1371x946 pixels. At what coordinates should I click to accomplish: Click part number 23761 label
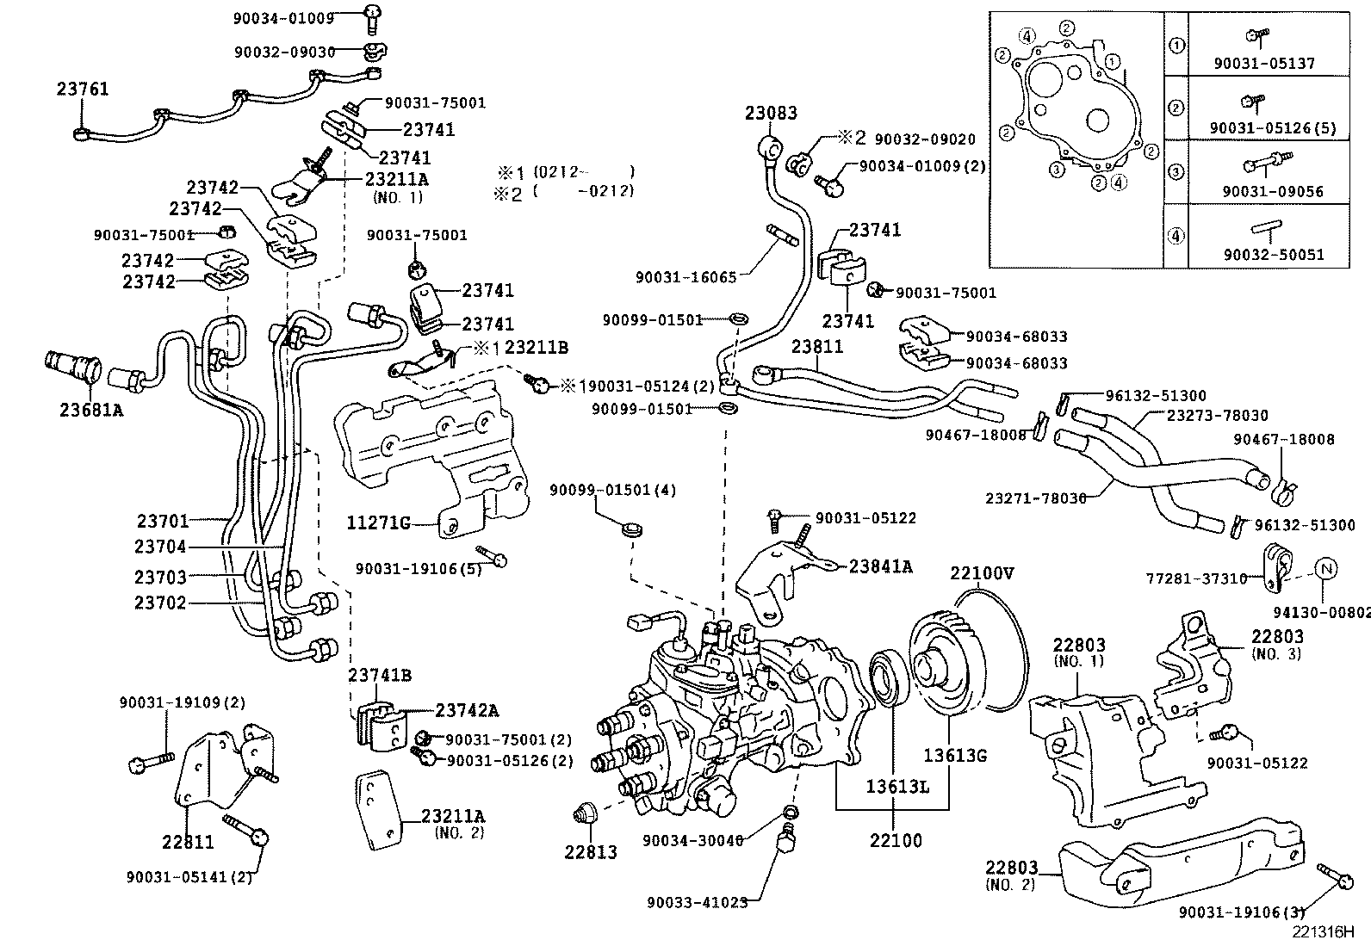click(83, 89)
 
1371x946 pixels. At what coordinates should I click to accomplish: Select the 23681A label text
click(91, 411)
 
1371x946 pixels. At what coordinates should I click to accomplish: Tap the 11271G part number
click(379, 522)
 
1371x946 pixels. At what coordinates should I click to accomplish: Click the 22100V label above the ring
click(982, 572)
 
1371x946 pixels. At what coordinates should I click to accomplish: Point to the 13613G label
click(955, 756)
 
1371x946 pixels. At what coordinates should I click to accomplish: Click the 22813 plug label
click(591, 852)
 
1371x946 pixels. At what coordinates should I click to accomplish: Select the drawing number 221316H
click(1322, 931)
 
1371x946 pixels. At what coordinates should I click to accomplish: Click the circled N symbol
click(1326, 568)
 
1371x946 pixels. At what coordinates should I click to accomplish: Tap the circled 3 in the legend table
click(1176, 171)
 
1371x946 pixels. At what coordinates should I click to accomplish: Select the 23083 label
click(771, 113)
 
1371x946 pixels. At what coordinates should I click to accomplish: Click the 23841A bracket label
click(880, 566)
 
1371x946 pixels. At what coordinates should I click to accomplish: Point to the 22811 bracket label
click(188, 842)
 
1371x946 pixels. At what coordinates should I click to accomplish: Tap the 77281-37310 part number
click(1196, 578)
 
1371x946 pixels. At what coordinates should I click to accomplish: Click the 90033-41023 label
click(697, 902)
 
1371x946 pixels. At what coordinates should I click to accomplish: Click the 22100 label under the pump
click(895, 839)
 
